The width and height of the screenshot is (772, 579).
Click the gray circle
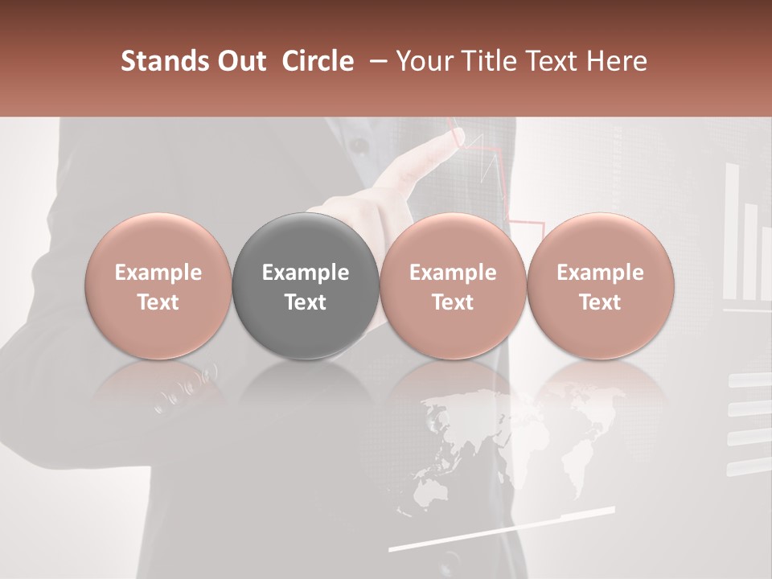coord(306,285)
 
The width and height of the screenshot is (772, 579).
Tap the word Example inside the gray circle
coord(306,273)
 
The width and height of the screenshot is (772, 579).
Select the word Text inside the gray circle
coord(306,302)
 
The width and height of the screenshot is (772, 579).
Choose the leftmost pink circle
coord(158,285)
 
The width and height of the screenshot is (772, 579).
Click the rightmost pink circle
coord(601,285)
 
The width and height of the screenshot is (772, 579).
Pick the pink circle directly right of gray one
coord(453,285)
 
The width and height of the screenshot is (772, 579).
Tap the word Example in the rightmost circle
coord(601,273)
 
